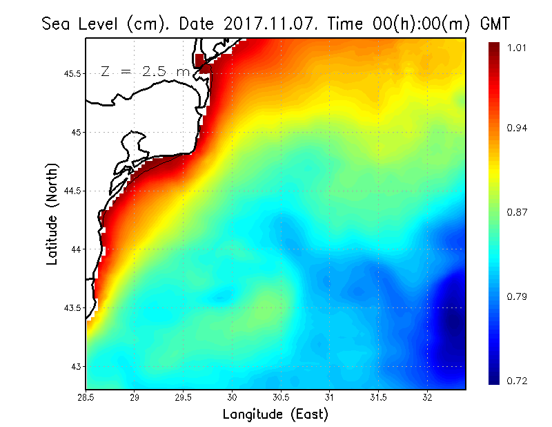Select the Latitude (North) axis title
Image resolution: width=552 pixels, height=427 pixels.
[x=52, y=213]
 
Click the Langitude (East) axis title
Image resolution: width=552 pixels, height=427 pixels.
[x=275, y=414]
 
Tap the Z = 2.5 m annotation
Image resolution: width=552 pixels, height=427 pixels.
[x=145, y=71]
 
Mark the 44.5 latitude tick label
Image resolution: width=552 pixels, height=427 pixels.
[x=72, y=191]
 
